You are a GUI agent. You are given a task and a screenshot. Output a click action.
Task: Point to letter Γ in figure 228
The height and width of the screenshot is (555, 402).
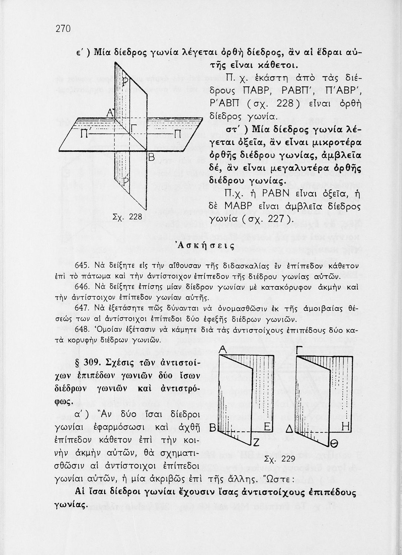(x=134, y=128)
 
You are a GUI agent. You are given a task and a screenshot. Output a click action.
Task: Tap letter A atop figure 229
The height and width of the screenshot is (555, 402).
(x=222, y=349)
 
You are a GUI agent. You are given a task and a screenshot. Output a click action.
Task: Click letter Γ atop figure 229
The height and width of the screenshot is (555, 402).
(x=300, y=349)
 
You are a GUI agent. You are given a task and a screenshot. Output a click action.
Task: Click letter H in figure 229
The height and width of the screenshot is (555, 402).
(x=345, y=427)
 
